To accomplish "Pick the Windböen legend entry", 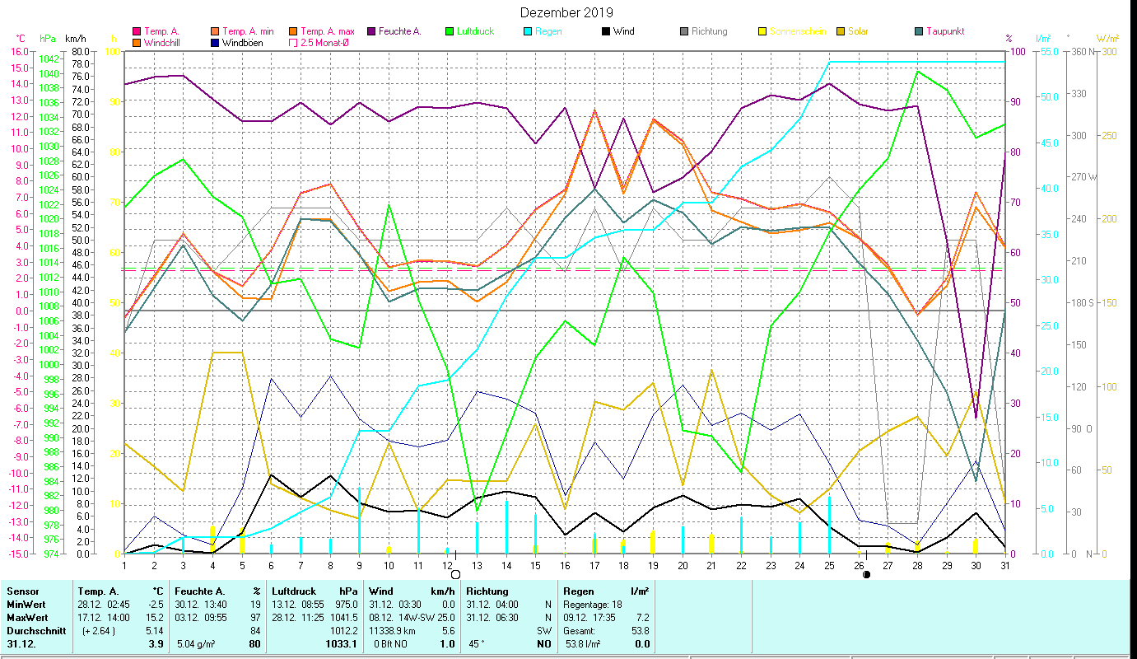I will tap(242, 42).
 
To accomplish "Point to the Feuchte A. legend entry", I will tap(399, 31).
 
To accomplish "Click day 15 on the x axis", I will tap(535, 564).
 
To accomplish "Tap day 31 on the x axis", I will tap(1005, 564).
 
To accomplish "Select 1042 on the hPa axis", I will tap(49, 58).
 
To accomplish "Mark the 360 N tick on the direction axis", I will tap(1082, 52).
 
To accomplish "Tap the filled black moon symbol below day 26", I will tap(866, 574).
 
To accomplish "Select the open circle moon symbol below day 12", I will tap(455, 574).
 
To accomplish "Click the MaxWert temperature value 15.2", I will tap(153, 617).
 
